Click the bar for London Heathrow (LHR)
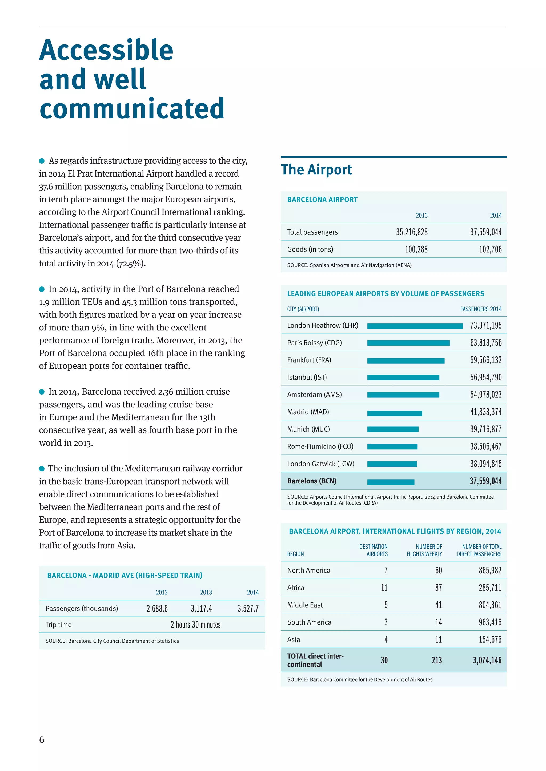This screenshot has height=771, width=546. [415, 326]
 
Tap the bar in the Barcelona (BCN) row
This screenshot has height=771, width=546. [391, 482]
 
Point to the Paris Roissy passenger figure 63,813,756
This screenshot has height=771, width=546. [485, 343]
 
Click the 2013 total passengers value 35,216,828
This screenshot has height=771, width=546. [412, 232]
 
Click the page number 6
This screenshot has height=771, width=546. [42, 739]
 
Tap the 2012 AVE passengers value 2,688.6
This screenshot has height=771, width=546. [157, 609]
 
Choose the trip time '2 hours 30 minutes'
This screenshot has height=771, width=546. [195, 625]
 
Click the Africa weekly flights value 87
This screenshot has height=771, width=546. [438, 588]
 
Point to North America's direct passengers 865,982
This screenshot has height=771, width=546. [490, 570]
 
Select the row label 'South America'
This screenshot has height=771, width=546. [309, 622]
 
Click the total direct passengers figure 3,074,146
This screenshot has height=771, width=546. [487, 660]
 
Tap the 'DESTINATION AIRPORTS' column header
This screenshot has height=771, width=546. [373, 550]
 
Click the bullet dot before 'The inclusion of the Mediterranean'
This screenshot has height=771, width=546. [42, 469]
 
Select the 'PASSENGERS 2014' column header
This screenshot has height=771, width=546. [480, 309]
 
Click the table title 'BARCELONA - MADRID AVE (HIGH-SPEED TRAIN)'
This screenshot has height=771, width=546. [125, 576]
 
